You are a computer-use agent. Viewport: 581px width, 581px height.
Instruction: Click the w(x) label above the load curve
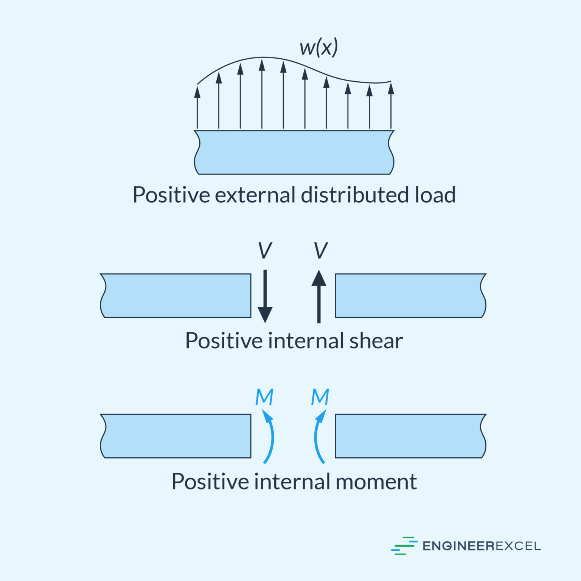click(x=318, y=48)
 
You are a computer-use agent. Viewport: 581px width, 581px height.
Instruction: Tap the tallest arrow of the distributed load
click(x=262, y=95)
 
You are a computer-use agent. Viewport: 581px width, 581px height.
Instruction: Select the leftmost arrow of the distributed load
click(x=197, y=108)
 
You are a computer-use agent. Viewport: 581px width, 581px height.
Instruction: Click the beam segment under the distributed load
click(x=294, y=152)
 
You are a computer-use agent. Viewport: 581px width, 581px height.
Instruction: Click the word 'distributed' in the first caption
click(x=354, y=195)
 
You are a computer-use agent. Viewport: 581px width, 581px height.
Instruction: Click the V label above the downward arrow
click(x=265, y=250)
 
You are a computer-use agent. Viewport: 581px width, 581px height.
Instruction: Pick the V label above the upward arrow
click(x=320, y=250)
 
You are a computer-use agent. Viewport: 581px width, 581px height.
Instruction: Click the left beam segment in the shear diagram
click(x=176, y=295)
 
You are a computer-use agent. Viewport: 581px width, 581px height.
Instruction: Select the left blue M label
click(x=264, y=397)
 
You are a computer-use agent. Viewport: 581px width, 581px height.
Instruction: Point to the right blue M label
click(x=320, y=397)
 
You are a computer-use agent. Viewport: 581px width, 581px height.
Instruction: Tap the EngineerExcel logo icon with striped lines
click(x=404, y=545)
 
